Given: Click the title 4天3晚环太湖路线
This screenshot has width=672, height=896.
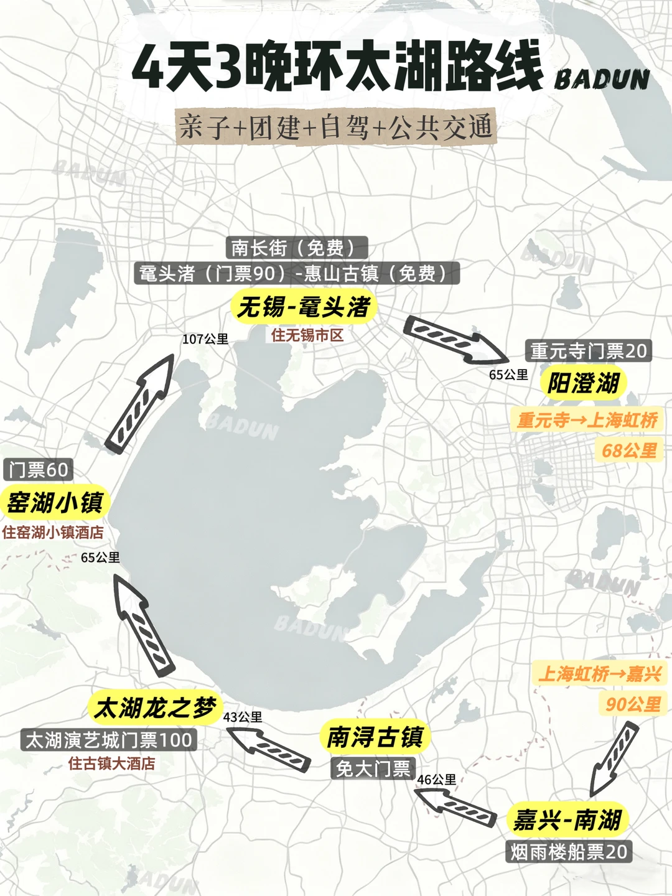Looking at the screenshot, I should coord(337,67).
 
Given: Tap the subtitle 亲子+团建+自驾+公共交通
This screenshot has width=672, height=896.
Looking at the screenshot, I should coord(336,128).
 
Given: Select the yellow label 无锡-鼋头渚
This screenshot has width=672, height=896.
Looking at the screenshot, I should coord(304,307).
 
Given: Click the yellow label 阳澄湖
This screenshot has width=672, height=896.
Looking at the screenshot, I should coord(583,383).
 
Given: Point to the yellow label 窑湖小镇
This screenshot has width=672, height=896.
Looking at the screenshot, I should coord(55,502).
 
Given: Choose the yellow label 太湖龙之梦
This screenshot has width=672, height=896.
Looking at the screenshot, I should coord(155,707).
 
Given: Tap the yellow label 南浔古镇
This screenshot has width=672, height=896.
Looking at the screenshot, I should coord(375,737).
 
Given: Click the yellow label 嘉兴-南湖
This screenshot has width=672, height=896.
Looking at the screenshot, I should coord(567,819).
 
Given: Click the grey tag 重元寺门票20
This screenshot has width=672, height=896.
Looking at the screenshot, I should coord(589,351).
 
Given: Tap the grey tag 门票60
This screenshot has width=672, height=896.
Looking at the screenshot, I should coord(39,469).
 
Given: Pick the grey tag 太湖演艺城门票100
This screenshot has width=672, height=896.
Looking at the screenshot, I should coord(109,740).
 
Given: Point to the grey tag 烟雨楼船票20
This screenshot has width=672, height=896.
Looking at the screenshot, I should coord(569,852).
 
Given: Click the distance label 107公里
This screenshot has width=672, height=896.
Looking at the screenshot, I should coord(205,339).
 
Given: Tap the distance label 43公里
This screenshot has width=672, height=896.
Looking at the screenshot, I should coord(243,717).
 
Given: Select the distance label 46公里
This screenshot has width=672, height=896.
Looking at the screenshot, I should coord(436,780).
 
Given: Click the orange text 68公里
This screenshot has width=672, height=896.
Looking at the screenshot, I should coord(629,450).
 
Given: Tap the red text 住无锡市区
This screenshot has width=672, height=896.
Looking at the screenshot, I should coord(307,335).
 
